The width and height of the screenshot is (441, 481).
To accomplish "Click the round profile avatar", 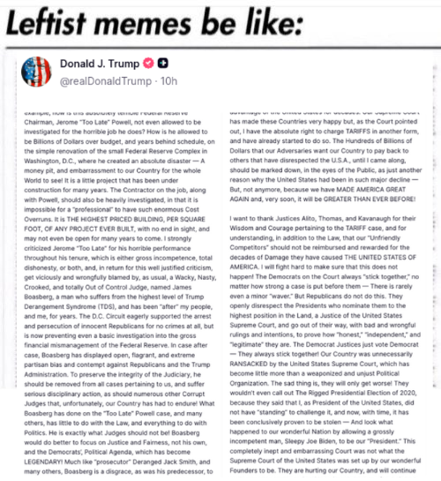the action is (x=30, y=74).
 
